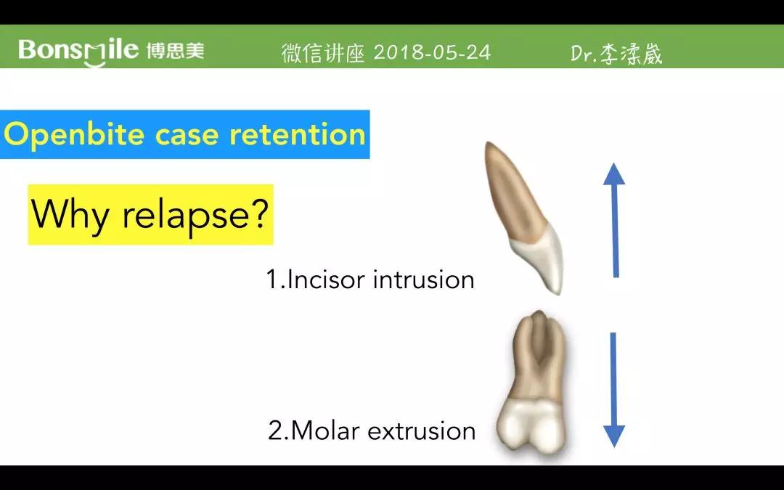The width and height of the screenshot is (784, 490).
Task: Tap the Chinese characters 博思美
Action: (176, 51)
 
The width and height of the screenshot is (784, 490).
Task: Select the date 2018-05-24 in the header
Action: (432, 52)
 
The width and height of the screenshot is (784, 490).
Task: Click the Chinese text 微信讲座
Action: (323, 53)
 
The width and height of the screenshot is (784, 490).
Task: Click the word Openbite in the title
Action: (74, 135)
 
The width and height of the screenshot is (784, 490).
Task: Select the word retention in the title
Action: (298, 134)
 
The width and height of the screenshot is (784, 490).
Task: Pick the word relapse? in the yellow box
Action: (195, 215)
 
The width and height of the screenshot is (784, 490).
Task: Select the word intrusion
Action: (423, 279)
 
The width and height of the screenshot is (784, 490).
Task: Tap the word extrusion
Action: (421, 431)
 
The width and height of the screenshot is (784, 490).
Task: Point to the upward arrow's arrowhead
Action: (614, 174)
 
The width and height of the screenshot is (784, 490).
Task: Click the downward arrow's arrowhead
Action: (614, 436)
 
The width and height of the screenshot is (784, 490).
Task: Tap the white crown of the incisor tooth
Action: (541, 258)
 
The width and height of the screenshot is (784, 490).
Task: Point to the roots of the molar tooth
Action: (537, 356)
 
